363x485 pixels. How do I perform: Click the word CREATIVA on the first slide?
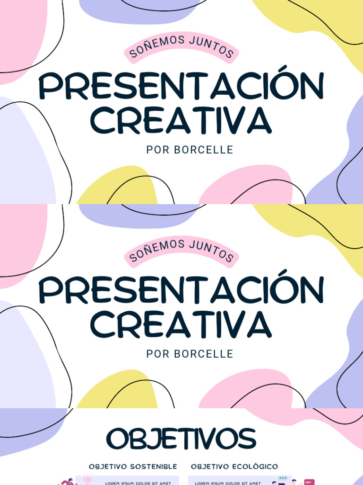point(181,120)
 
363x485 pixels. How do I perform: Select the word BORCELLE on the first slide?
point(204,150)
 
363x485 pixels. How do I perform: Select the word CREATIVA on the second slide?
point(181,324)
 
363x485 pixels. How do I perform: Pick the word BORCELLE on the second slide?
point(204,354)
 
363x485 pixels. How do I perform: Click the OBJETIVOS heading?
point(181,439)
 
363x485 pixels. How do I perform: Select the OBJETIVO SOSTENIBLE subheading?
point(133,467)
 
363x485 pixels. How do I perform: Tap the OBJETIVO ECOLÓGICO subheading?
point(234,467)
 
